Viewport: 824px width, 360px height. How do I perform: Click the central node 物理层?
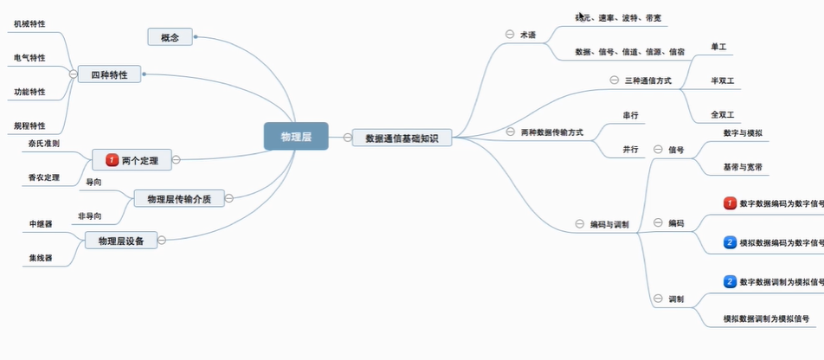296,136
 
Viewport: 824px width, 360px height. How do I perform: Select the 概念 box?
170,36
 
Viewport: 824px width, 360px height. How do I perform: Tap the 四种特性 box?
109,74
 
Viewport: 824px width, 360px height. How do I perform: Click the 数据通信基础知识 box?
402,137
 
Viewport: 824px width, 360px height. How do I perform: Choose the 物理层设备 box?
121,240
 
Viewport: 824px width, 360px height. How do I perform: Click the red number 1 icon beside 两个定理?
111,160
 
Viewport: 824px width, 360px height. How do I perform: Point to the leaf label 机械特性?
29,25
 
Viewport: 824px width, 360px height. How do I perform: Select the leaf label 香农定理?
43,177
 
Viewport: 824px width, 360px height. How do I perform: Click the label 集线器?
40,257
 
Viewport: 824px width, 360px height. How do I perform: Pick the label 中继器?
41,223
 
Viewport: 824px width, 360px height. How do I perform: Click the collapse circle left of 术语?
510,35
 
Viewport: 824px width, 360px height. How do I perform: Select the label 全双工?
722,114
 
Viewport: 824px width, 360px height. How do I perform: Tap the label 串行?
630,114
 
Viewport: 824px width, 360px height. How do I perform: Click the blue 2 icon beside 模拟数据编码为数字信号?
730,242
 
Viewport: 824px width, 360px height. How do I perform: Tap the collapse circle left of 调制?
658,299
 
